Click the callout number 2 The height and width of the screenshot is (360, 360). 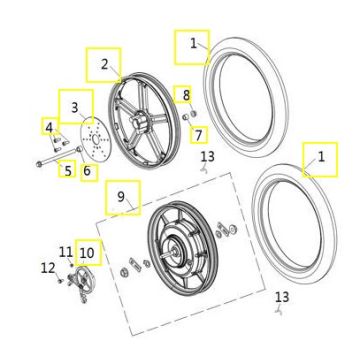pyautogui.click(x=105, y=64)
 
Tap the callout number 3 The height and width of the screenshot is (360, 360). pyautogui.click(x=75, y=107)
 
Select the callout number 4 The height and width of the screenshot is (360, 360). pyautogui.click(x=49, y=127)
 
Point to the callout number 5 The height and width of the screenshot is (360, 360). pyautogui.click(x=68, y=171)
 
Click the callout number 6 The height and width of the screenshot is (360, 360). pyautogui.click(x=87, y=171)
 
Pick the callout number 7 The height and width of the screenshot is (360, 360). pyautogui.click(x=199, y=135)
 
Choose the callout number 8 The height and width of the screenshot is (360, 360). pyautogui.click(x=186, y=95)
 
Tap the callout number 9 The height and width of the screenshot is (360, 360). pyautogui.click(x=121, y=197)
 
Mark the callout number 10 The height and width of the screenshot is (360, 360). pyautogui.click(x=87, y=253)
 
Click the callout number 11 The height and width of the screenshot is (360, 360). pyautogui.click(x=66, y=251)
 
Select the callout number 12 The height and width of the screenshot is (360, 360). pyautogui.click(x=48, y=268)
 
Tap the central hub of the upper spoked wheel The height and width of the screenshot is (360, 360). pyautogui.click(x=139, y=119)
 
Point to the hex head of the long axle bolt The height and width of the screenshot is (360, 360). pyautogui.click(x=39, y=164)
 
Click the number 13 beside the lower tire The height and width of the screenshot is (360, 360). pyautogui.click(x=282, y=297)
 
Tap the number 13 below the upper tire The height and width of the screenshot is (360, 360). pyautogui.click(x=208, y=156)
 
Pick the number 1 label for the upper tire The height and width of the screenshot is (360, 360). pyautogui.click(x=194, y=44)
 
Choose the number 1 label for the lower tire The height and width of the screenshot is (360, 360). pyautogui.click(x=321, y=157)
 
